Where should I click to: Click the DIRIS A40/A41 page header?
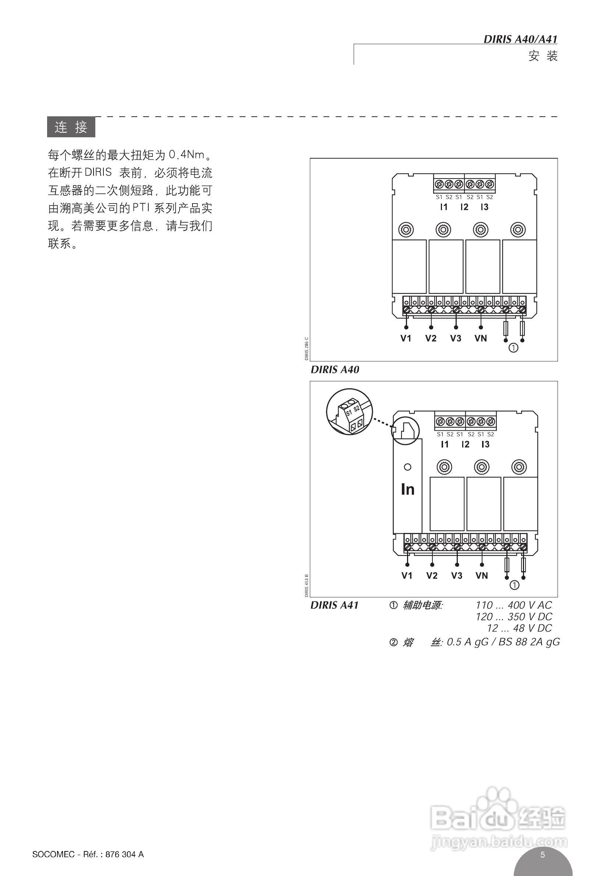[x=520, y=39]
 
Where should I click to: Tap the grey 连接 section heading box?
[x=71, y=127]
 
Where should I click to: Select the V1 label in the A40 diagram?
[x=406, y=338]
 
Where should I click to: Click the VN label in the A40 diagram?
[x=481, y=338]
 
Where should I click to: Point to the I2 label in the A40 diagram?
[x=464, y=207]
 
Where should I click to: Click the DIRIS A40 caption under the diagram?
[x=335, y=370]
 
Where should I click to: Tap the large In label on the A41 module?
[x=407, y=490]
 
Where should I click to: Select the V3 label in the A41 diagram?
[x=456, y=575]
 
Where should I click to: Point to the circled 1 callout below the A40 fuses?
[x=513, y=347]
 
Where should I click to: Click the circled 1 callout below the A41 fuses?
[x=514, y=585]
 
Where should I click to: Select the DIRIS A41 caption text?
[x=335, y=605]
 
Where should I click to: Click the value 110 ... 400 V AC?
[x=514, y=605]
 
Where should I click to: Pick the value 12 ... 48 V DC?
[x=519, y=628]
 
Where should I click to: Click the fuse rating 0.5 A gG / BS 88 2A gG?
[x=503, y=642]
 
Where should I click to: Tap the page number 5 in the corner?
[x=542, y=854]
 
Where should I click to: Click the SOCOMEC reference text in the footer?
[x=88, y=854]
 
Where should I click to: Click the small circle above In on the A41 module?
[x=407, y=467]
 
